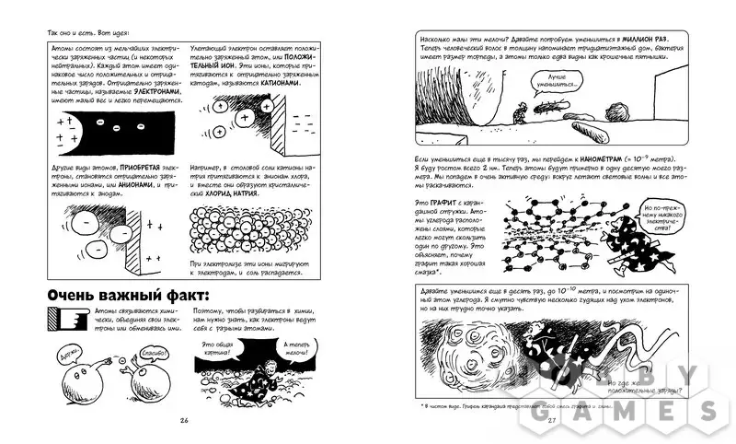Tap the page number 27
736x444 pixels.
(x=553, y=420)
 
